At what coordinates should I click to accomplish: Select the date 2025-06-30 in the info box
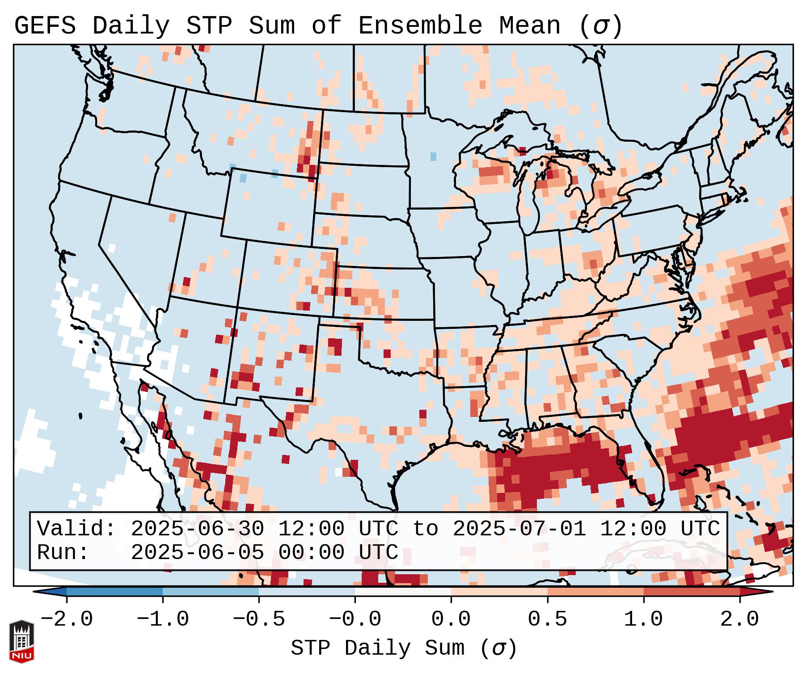coord(198,529)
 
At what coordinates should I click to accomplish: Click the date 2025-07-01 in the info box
coord(519,529)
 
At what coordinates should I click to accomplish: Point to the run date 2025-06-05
coord(198,553)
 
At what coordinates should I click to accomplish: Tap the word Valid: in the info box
coord(76,529)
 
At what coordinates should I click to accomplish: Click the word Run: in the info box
coord(63,553)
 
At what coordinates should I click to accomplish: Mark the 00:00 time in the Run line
coord(311,553)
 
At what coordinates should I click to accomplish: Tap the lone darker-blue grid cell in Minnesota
coord(433,156)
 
